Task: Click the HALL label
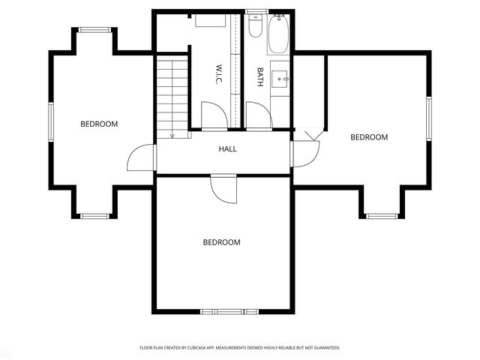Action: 228,149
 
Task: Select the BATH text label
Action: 260,77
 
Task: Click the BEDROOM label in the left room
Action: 99,124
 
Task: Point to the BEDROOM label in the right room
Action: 369,137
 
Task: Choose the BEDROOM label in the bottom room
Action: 221,242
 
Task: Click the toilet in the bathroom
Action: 255,28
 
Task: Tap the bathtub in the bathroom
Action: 279,33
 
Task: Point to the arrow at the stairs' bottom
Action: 172,136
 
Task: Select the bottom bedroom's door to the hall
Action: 223,188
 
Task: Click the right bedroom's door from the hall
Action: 305,154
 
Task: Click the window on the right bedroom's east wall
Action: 430,120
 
